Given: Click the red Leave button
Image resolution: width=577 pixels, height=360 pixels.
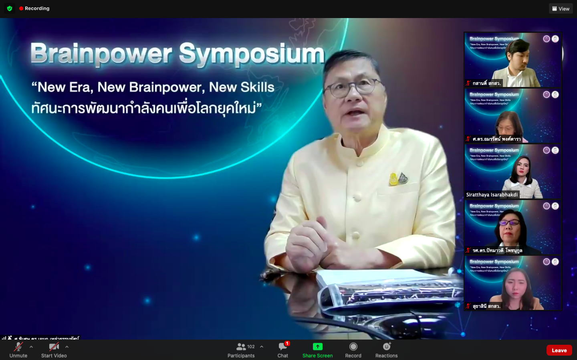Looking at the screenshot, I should tap(559, 350).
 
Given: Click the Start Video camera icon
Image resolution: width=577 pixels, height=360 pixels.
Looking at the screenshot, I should tap(54, 347).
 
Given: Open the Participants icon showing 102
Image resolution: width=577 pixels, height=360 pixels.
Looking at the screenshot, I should tap(241, 347).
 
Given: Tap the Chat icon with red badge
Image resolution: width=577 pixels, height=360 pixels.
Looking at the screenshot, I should tap(283, 347).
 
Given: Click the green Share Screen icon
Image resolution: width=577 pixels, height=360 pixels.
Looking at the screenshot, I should tap(317, 347).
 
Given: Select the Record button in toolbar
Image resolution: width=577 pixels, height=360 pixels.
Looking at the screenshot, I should tap(353, 347).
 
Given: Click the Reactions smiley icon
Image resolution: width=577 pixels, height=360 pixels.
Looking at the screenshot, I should tap(387, 347).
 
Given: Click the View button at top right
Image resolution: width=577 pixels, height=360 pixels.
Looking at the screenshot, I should tap(561, 8).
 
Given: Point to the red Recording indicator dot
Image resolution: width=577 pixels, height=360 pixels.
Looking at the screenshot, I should tap(21, 8).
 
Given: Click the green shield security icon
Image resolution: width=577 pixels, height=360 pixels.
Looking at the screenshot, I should tap(10, 8).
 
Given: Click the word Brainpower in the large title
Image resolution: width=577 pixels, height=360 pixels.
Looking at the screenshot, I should tap(101, 54).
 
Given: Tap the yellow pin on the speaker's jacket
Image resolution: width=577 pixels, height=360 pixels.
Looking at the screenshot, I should tap(393, 179).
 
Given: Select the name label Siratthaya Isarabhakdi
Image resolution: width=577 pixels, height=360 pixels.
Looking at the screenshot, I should tap(492, 195).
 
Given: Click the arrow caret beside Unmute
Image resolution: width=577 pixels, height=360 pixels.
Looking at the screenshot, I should tap(31, 347).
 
